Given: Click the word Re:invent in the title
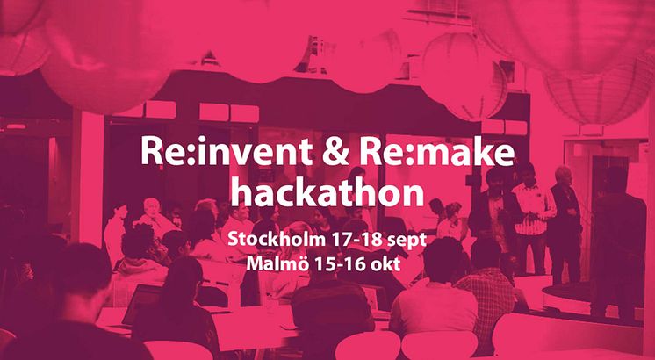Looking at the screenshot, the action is tap(227, 151).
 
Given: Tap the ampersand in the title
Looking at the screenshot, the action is tap(336, 151).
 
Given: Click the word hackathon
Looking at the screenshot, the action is tap(327, 192).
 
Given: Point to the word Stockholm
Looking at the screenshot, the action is tap(276, 240).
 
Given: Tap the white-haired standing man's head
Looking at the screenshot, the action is tap(564, 175).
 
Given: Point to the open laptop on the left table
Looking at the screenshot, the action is tap(141, 305).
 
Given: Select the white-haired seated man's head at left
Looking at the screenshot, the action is tap(152, 207).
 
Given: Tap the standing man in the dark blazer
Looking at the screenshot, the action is tap(495, 209).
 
